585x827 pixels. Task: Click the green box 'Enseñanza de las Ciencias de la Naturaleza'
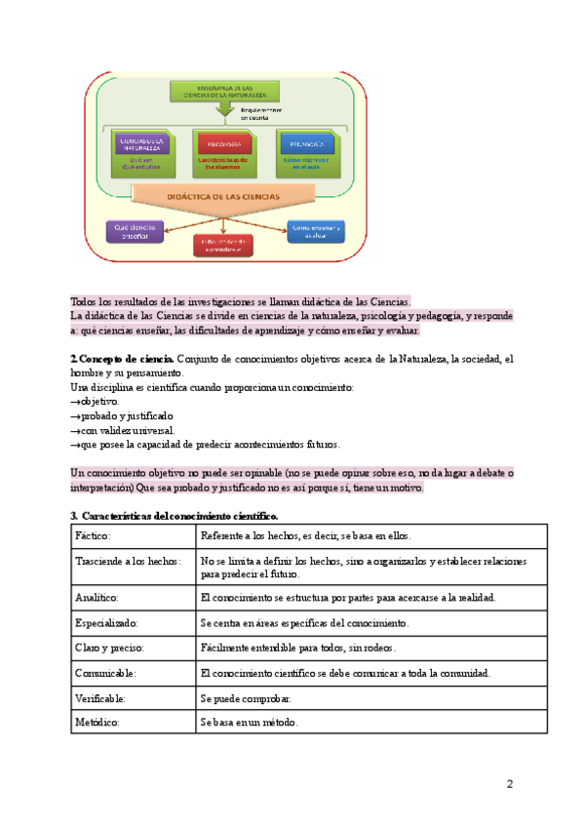pyautogui.click(x=223, y=91)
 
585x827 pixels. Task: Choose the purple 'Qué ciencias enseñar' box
pyautogui.click(x=134, y=231)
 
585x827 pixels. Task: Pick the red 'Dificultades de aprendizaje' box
pyautogui.click(x=223, y=245)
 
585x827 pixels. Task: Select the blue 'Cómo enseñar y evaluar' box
pyautogui.click(x=315, y=231)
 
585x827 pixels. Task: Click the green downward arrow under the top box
pyautogui.click(x=225, y=109)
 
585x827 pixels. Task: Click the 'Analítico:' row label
pyautogui.click(x=97, y=596)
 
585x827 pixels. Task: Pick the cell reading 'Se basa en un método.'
pyautogui.click(x=249, y=723)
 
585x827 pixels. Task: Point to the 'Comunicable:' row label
pyautogui.click(x=104, y=672)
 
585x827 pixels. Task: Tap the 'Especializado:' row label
pyautogui.click(x=106, y=621)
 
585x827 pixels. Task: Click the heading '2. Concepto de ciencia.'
pyautogui.click(x=123, y=360)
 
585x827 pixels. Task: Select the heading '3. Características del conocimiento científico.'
pyautogui.click(x=175, y=515)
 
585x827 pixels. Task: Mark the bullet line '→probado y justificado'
pyautogui.click(x=122, y=415)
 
